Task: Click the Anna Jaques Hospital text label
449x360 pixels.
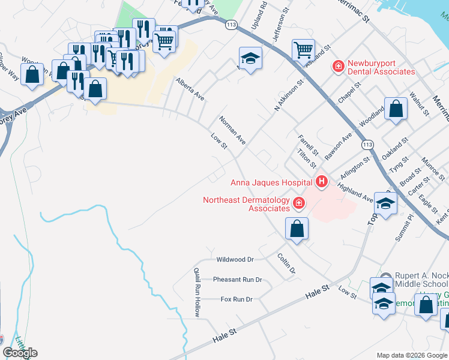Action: tap(271, 182)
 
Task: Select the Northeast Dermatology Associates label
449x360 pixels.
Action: tap(246, 204)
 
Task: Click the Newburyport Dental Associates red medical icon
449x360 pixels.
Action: tap(338, 65)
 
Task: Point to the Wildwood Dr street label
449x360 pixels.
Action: tap(235, 260)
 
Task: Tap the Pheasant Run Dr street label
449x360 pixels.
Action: tap(238, 280)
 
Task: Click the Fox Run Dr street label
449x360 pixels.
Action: tap(237, 299)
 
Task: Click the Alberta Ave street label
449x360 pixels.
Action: tap(190, 89)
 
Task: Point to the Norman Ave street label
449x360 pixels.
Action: tap(232, 130)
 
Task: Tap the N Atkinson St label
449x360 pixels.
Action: tap(287, 94)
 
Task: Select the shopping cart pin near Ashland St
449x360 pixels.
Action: tap(303, 49)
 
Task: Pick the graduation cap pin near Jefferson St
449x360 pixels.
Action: tap(250, 58)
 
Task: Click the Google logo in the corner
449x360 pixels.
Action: tap(20, 353)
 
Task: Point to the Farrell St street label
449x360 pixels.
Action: tap(307, 145)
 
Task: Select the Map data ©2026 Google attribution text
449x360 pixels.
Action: tap(411, 355)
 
